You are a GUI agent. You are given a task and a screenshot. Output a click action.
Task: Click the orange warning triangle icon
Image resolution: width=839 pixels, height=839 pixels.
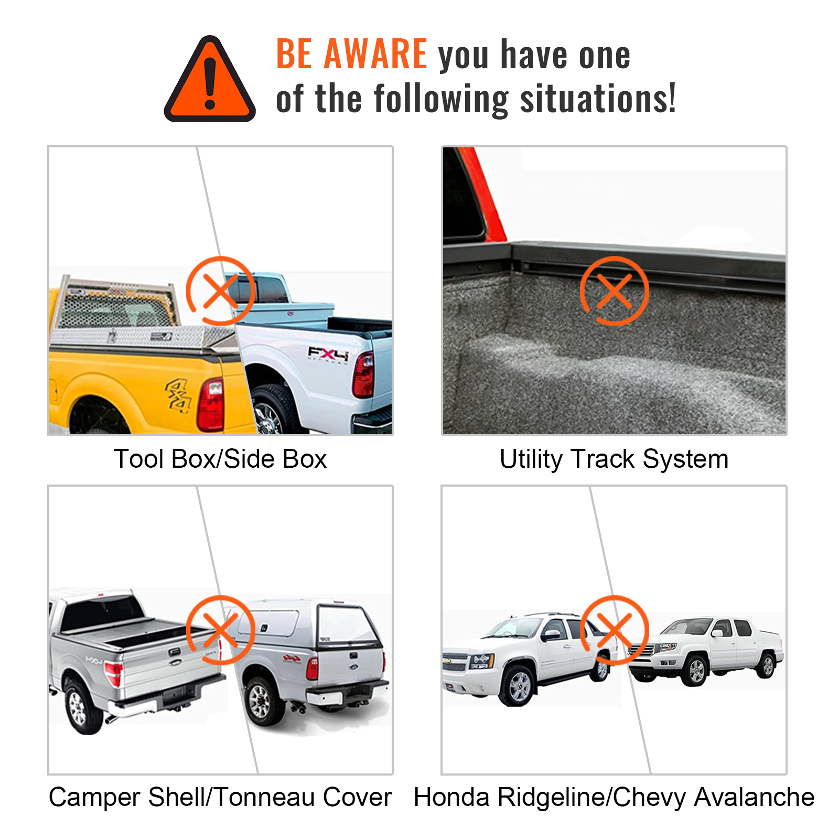coord(210,81)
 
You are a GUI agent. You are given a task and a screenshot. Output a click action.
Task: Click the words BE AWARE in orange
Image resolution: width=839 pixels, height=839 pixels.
coord(351,54)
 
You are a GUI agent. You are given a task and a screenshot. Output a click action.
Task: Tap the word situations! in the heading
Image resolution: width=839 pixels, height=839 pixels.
coord(598,99)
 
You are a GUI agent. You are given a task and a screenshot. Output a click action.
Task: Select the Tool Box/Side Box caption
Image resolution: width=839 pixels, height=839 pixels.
coord(220,459)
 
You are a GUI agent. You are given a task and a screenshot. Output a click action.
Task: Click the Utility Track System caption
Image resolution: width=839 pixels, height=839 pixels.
coord(614,459)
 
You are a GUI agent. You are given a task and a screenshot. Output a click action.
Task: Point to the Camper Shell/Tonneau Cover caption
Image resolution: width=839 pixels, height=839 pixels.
coord(220,797)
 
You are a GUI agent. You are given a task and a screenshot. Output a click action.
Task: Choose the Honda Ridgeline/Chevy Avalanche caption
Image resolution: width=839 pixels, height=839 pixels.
coord(614,797)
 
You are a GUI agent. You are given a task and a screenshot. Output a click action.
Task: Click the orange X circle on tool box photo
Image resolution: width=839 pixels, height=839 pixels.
coord(221,291)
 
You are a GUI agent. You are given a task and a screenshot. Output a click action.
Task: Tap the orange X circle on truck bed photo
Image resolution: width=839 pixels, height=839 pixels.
coord(614,291)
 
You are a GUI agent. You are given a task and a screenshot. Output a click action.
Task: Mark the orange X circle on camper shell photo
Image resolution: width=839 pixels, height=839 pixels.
coord(221,630)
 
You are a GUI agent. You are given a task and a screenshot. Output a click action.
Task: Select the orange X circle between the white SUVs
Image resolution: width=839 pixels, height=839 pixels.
coord(614,630)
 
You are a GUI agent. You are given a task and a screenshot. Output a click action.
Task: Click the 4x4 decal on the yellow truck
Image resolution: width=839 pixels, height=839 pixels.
coord(178,396)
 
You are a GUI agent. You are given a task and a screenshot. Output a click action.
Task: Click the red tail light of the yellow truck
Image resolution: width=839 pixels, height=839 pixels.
coord(211,404)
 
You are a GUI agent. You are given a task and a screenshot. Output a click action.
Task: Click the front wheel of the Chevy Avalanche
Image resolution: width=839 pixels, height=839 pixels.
coord(518,685)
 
